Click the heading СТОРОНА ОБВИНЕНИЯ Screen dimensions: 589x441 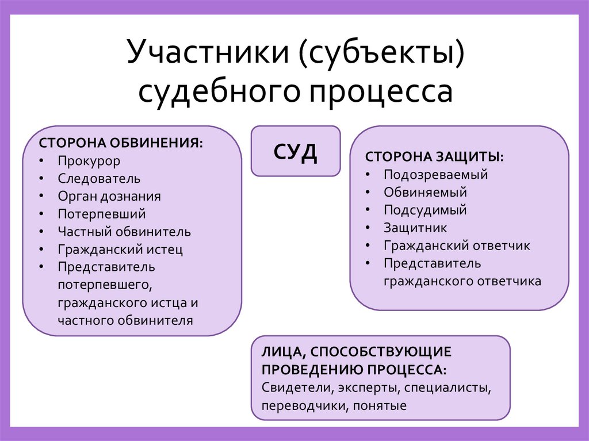pyautogui.click(x=121, y=143)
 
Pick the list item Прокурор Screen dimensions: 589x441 pyautogui.click(x=89, y=161)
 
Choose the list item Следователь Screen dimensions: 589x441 pyautogui.click(x=99, y=179)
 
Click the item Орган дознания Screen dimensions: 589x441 pyautogui.click(x=109, y=196)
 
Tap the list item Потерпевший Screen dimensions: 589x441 pyautogui.click(x=102, y=214)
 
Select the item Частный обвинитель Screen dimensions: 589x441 pyautogui.click(x=124, y=232)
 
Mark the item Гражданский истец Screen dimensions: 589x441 pyautogui.click(x=120, y=250)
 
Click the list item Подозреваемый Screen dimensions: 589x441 pyautogui.click(x=436, y=175)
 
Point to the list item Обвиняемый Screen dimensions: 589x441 pyautogui.click(x=426, y=192)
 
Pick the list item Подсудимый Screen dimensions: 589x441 pyautogui.click(x=426, y=210)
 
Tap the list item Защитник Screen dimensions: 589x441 pyautogui.click(x=415, y=228)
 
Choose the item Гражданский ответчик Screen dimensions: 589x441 pyautogui.click(x=457, y=246)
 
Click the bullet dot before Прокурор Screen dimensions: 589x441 pyautogui.click(x=43, y=161)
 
